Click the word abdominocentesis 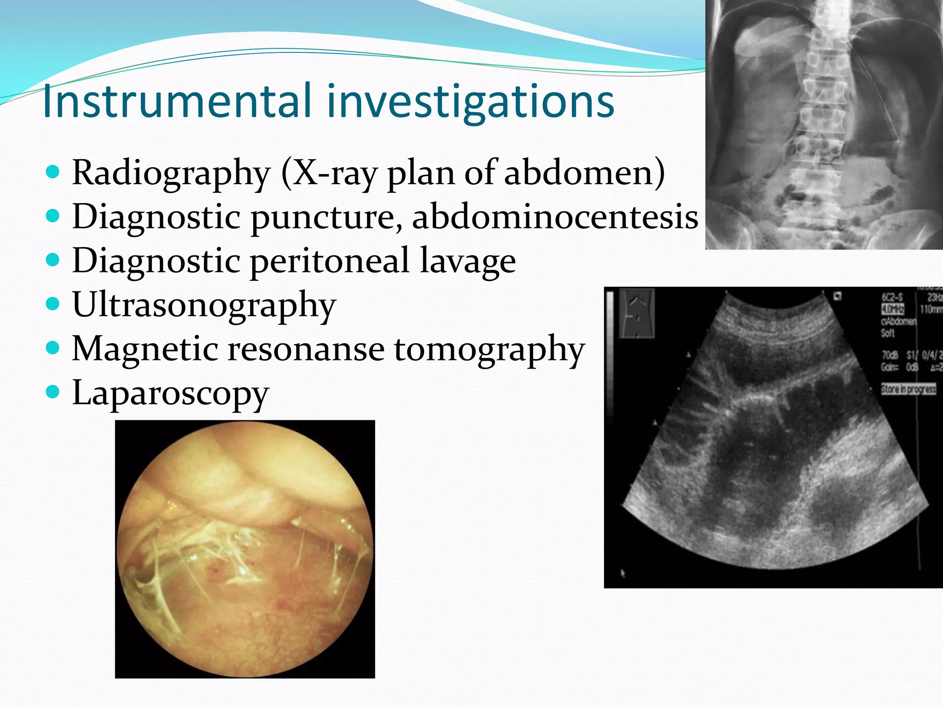555,216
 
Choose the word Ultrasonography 204,305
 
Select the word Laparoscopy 170,393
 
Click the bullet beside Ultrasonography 53,304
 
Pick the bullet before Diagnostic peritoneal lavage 53,260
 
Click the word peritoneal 330,261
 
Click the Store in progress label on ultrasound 908,389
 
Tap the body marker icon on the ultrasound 637,313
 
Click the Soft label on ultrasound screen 888,333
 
